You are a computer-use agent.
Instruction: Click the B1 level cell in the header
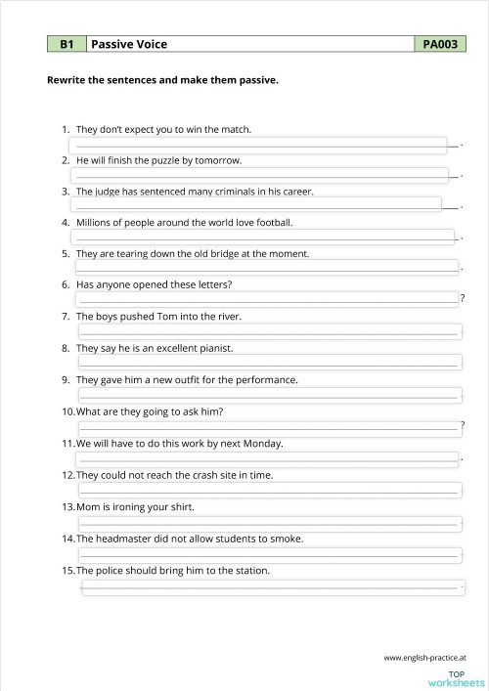pos(67,44)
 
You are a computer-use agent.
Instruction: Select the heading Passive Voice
pos(129,44)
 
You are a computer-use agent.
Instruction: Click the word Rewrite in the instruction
pos(67,80)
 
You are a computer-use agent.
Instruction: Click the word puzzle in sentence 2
pos(158,159)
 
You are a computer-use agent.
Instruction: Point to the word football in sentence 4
pos(271,222)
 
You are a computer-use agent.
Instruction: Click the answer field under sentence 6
pos(266,299)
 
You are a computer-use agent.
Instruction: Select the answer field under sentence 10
pos(268,424)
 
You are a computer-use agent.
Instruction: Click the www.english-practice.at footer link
pos(424,657)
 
